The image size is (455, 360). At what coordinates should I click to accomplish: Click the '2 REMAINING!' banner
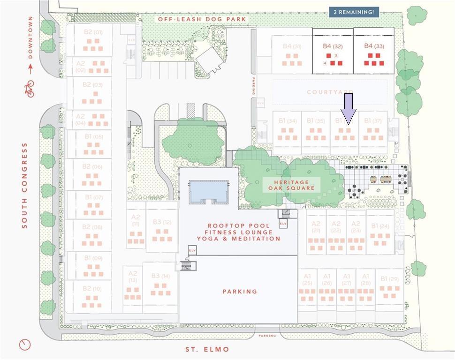(x=354, y=12)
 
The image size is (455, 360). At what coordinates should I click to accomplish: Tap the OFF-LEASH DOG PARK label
(x=202, y=19)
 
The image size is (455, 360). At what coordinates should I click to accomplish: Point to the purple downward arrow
(x=348, y=108)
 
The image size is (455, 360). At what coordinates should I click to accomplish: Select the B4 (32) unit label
(x=333, y=46)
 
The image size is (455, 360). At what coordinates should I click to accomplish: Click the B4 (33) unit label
(x=374, y=46)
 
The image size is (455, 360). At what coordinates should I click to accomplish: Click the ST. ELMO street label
(x=207, y=349)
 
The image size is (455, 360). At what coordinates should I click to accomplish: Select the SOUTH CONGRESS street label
(x=25, y=186)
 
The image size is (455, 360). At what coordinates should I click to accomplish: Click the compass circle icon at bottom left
(x=24, y=345)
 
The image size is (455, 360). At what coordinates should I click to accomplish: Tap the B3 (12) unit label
(x=161, y=222)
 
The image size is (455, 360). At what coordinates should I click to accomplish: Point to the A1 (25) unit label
(x=307, y=280)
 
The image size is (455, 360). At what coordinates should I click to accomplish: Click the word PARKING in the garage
(x=240, y=292)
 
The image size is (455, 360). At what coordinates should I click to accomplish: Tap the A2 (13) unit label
(x=133, y=277)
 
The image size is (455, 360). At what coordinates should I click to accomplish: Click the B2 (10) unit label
(x=92, y=289)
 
